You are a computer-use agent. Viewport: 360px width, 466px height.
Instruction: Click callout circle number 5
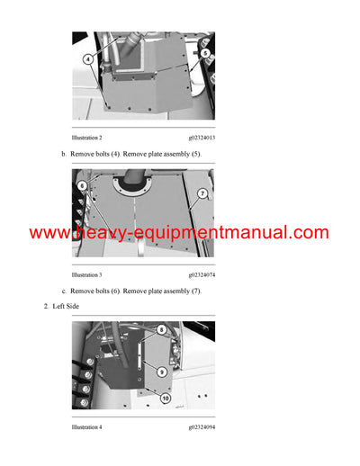[x=205, y=54]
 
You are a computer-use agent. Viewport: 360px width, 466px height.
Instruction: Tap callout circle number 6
[x=82, y=185]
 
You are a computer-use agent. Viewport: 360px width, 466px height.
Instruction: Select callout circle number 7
[x=202, y=193]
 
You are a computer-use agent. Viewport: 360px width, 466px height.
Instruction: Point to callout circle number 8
[x=161, y=329]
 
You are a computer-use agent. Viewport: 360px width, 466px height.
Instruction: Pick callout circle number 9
[x=161, y=369]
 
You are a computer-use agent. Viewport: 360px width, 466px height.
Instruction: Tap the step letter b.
[x=63, y=155]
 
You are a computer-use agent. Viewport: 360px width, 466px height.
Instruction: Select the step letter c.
[x=63, y=291]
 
